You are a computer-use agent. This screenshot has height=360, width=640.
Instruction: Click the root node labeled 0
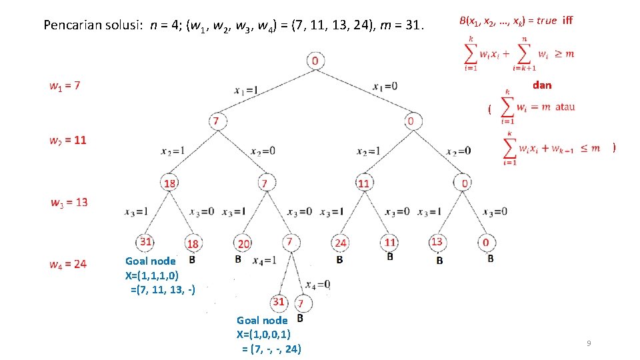[315, 61]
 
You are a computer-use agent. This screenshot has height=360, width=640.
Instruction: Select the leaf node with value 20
[244, 244]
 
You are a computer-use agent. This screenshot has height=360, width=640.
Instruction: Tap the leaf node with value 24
[341, 243]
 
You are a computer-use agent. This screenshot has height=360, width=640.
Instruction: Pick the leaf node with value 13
[437, 241]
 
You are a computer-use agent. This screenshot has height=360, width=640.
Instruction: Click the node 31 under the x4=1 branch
[279, 302]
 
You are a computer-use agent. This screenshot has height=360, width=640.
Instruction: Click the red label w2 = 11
[67, 140]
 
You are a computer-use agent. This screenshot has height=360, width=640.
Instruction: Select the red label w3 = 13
[69, 202]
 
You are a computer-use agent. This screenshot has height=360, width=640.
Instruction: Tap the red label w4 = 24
[67, 264]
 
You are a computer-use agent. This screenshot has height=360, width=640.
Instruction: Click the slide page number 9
[589, 343]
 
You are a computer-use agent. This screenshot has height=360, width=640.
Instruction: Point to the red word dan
[542, 85]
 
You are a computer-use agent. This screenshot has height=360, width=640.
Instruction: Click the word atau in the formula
[565, 107]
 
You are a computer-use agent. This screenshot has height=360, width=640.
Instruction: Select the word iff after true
[567, 21]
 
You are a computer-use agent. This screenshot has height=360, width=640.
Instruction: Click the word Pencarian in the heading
[71, 26]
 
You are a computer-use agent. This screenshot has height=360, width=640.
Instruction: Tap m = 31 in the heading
[402, 26]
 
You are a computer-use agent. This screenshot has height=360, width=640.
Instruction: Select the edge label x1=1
[246, 89]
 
